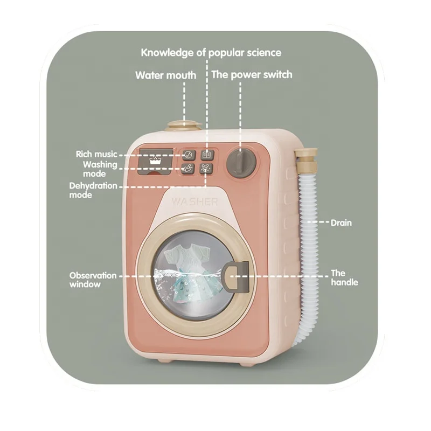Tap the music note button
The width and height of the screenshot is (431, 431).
pyautogui.click(x=187, y=155)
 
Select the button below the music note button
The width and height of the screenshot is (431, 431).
pyautogui.click(x=187, y=169)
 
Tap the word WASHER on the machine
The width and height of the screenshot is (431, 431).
pyautogui.click(x=195, y=202)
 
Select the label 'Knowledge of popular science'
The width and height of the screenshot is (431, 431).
pyautogui.click(x=211, y=53)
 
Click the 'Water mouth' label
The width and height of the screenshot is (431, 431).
pyautogui.click(x=165, y=75)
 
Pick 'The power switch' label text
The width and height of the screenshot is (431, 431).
pyautogui.click(x=252, y=74)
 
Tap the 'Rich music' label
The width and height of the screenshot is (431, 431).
pyautogui.click(x=96, y=155)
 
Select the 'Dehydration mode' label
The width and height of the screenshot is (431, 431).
pyautogui.click(x=93, y=190)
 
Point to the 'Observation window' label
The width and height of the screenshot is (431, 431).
pyautogui.click(x=93, y=280)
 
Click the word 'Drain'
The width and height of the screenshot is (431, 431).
pyautogui.click(x=341, y=222)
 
